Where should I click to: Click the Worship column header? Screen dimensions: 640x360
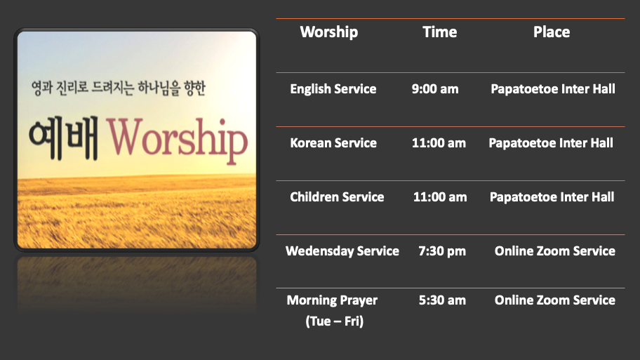pos(329,32)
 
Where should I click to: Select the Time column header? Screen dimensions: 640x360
pos(439,32)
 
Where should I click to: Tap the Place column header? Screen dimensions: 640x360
pos(552,32)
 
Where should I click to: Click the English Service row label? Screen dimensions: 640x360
pos(333,89)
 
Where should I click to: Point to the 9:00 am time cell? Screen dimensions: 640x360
pos(435,89)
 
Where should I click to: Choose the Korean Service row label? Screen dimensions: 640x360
pos(333,143)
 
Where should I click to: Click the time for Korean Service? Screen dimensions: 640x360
pos(439,143)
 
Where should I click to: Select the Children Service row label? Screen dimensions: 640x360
pos(337,196)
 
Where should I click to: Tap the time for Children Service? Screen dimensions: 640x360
pos(440,196)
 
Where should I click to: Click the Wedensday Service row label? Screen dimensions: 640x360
pos(342,251)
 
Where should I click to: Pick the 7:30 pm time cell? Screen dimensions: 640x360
pos(442,251)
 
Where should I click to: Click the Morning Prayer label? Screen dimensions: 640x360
pos(332,300)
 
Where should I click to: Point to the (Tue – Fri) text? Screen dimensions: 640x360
pos(334,321)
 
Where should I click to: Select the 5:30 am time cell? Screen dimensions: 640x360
pos(442,300)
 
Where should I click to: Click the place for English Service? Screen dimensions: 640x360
pos(553,89)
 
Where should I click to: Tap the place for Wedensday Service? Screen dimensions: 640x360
pos(554,251)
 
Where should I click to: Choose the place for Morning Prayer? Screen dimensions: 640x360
pos(554,300)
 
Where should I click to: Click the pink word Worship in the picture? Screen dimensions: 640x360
pos(177,139)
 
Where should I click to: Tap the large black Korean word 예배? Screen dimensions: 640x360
pos(64,138)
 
